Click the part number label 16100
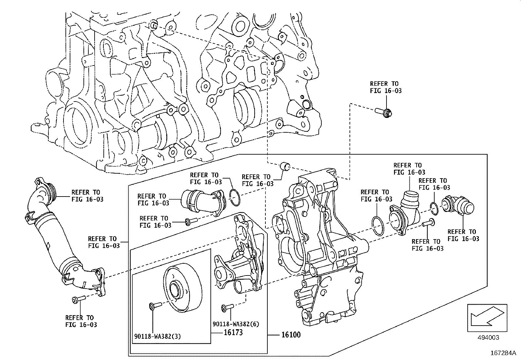[x=291, y=335]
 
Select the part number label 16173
[x=233, y=332]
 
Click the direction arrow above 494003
[x=487, y=317]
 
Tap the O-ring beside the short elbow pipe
[x=235, y=198]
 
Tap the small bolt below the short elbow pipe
[x=190, y=222]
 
